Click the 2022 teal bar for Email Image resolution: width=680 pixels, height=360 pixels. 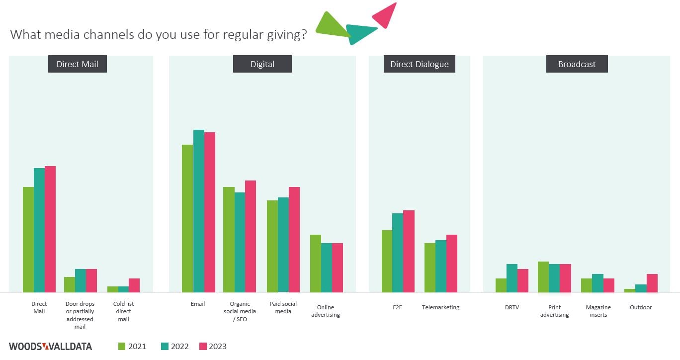coord(199,211)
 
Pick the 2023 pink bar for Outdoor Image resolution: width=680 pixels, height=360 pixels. coord(652,283)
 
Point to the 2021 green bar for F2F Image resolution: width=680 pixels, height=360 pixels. coord(387,261)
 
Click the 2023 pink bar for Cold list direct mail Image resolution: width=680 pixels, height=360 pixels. coord(134,285)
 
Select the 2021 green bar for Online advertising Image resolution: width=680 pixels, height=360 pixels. coord(316,264)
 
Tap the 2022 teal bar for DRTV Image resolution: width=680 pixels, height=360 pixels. coord(512,278)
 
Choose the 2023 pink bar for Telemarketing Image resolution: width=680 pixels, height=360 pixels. coord(452,264)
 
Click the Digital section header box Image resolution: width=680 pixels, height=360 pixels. coord(262,64)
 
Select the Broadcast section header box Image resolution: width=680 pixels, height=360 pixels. coord(577,64)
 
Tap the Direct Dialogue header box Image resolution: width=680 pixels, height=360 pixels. coord(419,64)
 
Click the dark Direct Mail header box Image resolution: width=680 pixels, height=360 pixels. coord(77,64)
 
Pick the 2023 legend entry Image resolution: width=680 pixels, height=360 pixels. coord(212,347)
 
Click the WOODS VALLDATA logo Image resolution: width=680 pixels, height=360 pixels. coord(50,347)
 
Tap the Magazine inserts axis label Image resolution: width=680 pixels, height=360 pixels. coord(598,311)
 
